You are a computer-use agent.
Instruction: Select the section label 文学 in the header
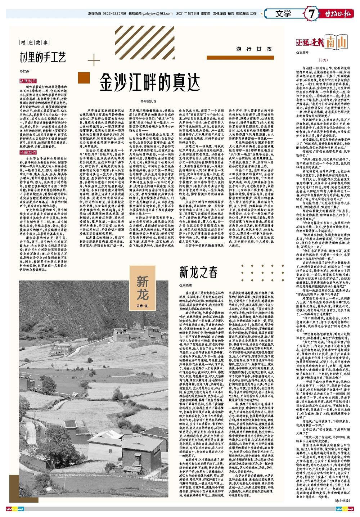coord(283,14)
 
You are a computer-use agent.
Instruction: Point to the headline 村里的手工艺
coord(43,57)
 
